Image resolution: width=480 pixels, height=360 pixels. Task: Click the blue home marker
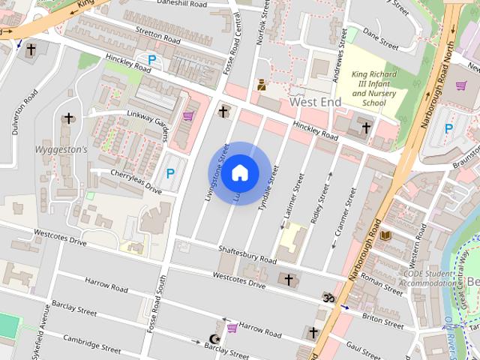pyautogui.click(x=239, y=172)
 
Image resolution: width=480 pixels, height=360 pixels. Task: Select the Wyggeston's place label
pyautogui.click(x=61, y=149)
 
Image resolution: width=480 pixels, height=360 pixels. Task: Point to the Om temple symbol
pyautogui.click(x=328, y=298)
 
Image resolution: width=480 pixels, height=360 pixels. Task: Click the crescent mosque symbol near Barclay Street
pyautogui.click(x=219, y=328)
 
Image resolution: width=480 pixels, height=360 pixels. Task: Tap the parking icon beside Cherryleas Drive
pyautogui.click(x=170, y=173)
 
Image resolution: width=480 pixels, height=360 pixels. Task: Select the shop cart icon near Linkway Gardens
pyautogui.click(x=187, y=116)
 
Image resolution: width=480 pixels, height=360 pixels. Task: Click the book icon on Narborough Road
pyautogui.click(x=385, y=235)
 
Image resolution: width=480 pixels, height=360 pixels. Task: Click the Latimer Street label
pyautogui.click(x=292, y=196)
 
